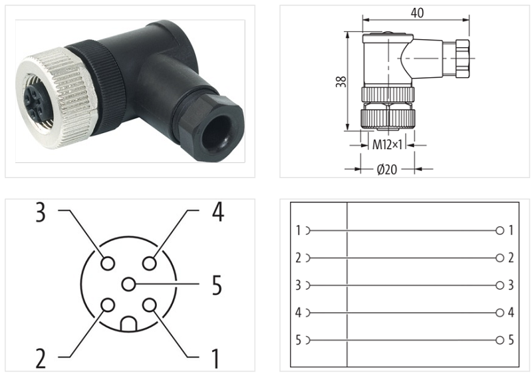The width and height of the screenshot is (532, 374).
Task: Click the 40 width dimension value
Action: point(417,13)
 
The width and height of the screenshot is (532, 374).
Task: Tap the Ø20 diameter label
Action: point(386,169)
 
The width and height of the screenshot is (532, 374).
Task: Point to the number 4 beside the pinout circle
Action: point(217,212)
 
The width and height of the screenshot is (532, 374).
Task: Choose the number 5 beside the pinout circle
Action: point(217,285)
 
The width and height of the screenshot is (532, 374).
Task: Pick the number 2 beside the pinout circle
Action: point(41,359)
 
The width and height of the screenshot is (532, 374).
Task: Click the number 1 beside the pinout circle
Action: point(215,359)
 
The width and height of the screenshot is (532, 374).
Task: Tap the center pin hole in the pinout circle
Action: point(128,284)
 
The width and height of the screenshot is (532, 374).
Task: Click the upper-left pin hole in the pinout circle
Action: point(106,264)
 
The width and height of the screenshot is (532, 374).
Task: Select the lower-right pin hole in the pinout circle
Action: point(150,305)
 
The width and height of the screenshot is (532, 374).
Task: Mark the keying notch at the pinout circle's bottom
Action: point(128,324)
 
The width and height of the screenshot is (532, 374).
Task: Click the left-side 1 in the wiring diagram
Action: point(299,231)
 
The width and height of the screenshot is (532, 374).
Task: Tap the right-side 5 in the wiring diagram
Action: point(511,340)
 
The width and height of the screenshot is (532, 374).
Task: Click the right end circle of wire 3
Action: point(499,285)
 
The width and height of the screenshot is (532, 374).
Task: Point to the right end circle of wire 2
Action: point(499,258)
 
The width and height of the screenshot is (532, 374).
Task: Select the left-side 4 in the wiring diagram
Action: point(299,313)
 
